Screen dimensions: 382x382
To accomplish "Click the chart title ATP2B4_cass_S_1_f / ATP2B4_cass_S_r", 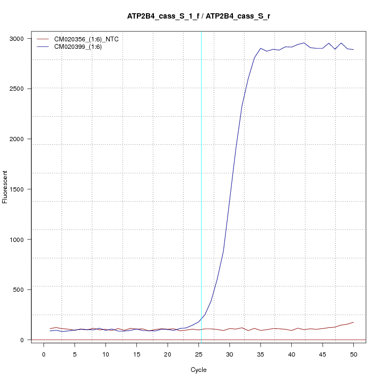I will (x=198, y=16).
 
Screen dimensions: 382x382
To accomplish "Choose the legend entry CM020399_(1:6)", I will (x=82, y=47).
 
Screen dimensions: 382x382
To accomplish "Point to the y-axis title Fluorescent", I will (x=5, y=187).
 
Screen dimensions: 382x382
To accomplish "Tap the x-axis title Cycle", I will (x=198, y=370).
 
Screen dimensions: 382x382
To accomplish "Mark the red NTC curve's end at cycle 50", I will (x=353, y=322).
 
